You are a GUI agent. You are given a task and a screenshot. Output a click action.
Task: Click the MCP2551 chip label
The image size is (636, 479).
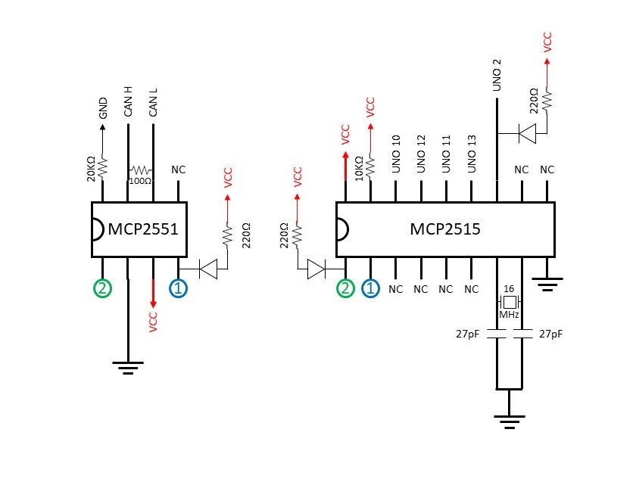(143, 229)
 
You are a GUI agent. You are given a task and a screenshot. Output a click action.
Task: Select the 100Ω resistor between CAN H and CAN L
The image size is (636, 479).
(141, 171)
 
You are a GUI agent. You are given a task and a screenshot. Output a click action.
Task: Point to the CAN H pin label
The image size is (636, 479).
(129, 101)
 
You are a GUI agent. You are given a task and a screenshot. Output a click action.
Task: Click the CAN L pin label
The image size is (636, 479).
(154, 101)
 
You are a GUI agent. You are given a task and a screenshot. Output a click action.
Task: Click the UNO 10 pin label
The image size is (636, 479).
(396, 153)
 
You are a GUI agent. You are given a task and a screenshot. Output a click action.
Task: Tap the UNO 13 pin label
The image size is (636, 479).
(472, 153)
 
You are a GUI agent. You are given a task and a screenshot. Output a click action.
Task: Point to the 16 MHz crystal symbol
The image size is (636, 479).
(510, 301)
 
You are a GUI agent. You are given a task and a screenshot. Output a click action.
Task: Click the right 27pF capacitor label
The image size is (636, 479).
(550, 334)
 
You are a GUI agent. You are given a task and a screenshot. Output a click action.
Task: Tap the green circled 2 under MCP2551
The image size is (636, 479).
(102, 288)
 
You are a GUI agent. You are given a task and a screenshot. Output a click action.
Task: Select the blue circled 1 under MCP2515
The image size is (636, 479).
(371, 288)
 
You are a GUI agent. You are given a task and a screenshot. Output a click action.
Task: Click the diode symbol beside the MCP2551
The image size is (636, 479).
(205, 267)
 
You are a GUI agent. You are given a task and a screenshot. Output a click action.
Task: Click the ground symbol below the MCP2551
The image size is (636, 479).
(129, 367)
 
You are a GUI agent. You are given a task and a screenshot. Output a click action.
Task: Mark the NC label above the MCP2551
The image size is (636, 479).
(179, 170)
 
